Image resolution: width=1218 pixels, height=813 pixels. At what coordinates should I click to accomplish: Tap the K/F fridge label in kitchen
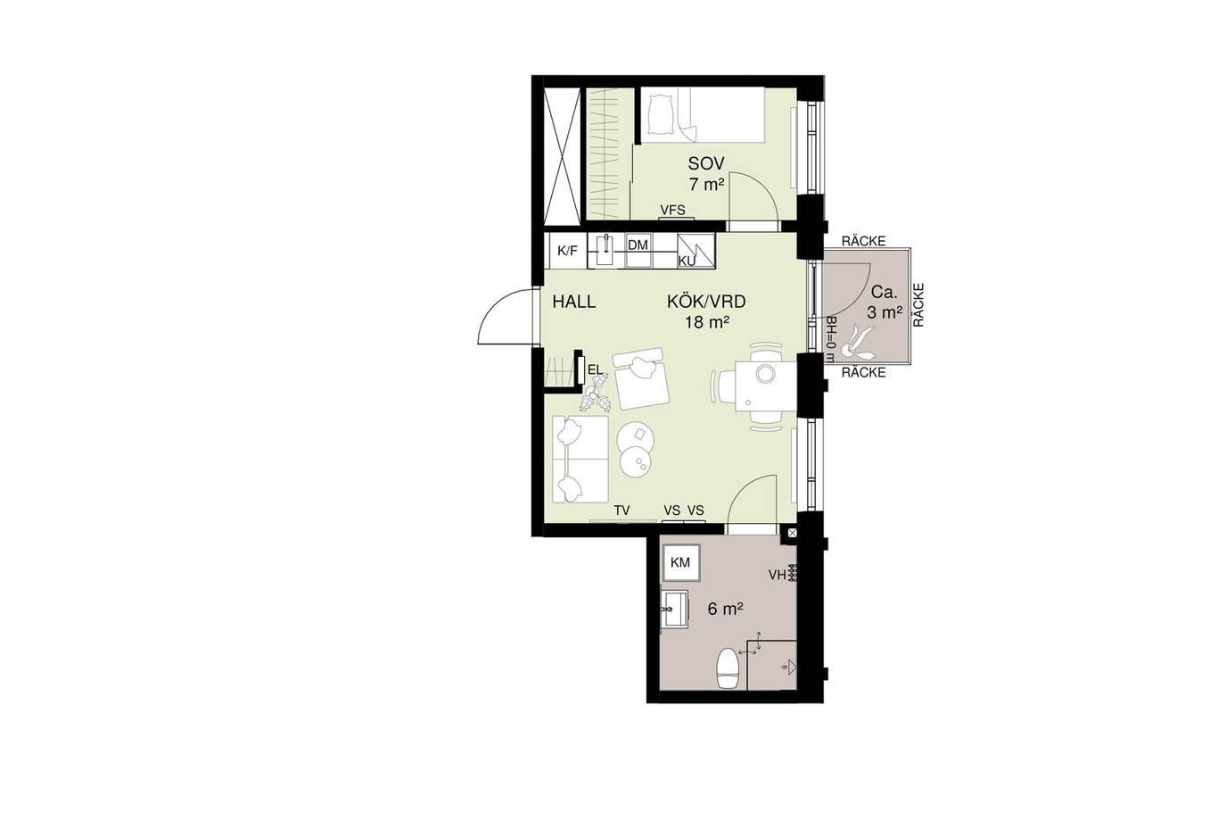[x=567, y=251]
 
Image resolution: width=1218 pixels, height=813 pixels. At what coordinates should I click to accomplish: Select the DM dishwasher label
[x=638, y=245]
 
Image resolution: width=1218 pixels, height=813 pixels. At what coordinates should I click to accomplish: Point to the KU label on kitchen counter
[x=687, y=261]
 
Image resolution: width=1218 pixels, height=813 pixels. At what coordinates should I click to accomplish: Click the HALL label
[x=574, y=302]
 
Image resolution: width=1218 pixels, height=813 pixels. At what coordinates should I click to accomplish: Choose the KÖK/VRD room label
[x=706, y=302]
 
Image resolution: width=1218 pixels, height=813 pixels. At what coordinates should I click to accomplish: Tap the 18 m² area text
[x=707, y=323]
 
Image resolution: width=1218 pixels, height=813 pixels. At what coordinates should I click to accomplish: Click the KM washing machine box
[x=680, y=562]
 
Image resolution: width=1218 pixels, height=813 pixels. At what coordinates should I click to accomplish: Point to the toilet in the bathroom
[x=728, y=668]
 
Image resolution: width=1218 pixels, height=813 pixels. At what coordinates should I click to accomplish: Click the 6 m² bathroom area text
[x=726, y=609]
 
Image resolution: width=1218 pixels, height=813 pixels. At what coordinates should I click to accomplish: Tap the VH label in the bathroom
[x=777, y=575]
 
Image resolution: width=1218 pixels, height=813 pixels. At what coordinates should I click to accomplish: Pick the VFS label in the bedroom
[x=672, y=210]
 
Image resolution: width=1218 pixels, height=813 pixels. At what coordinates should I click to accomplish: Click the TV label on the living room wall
[x=622, y=510]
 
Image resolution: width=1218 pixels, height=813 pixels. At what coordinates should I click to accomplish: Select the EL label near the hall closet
[x=596, y=370]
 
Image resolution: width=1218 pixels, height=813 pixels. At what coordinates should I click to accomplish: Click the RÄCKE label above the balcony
[x=863, y=241]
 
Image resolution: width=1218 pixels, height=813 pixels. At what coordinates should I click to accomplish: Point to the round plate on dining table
[x=766, y=372]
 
